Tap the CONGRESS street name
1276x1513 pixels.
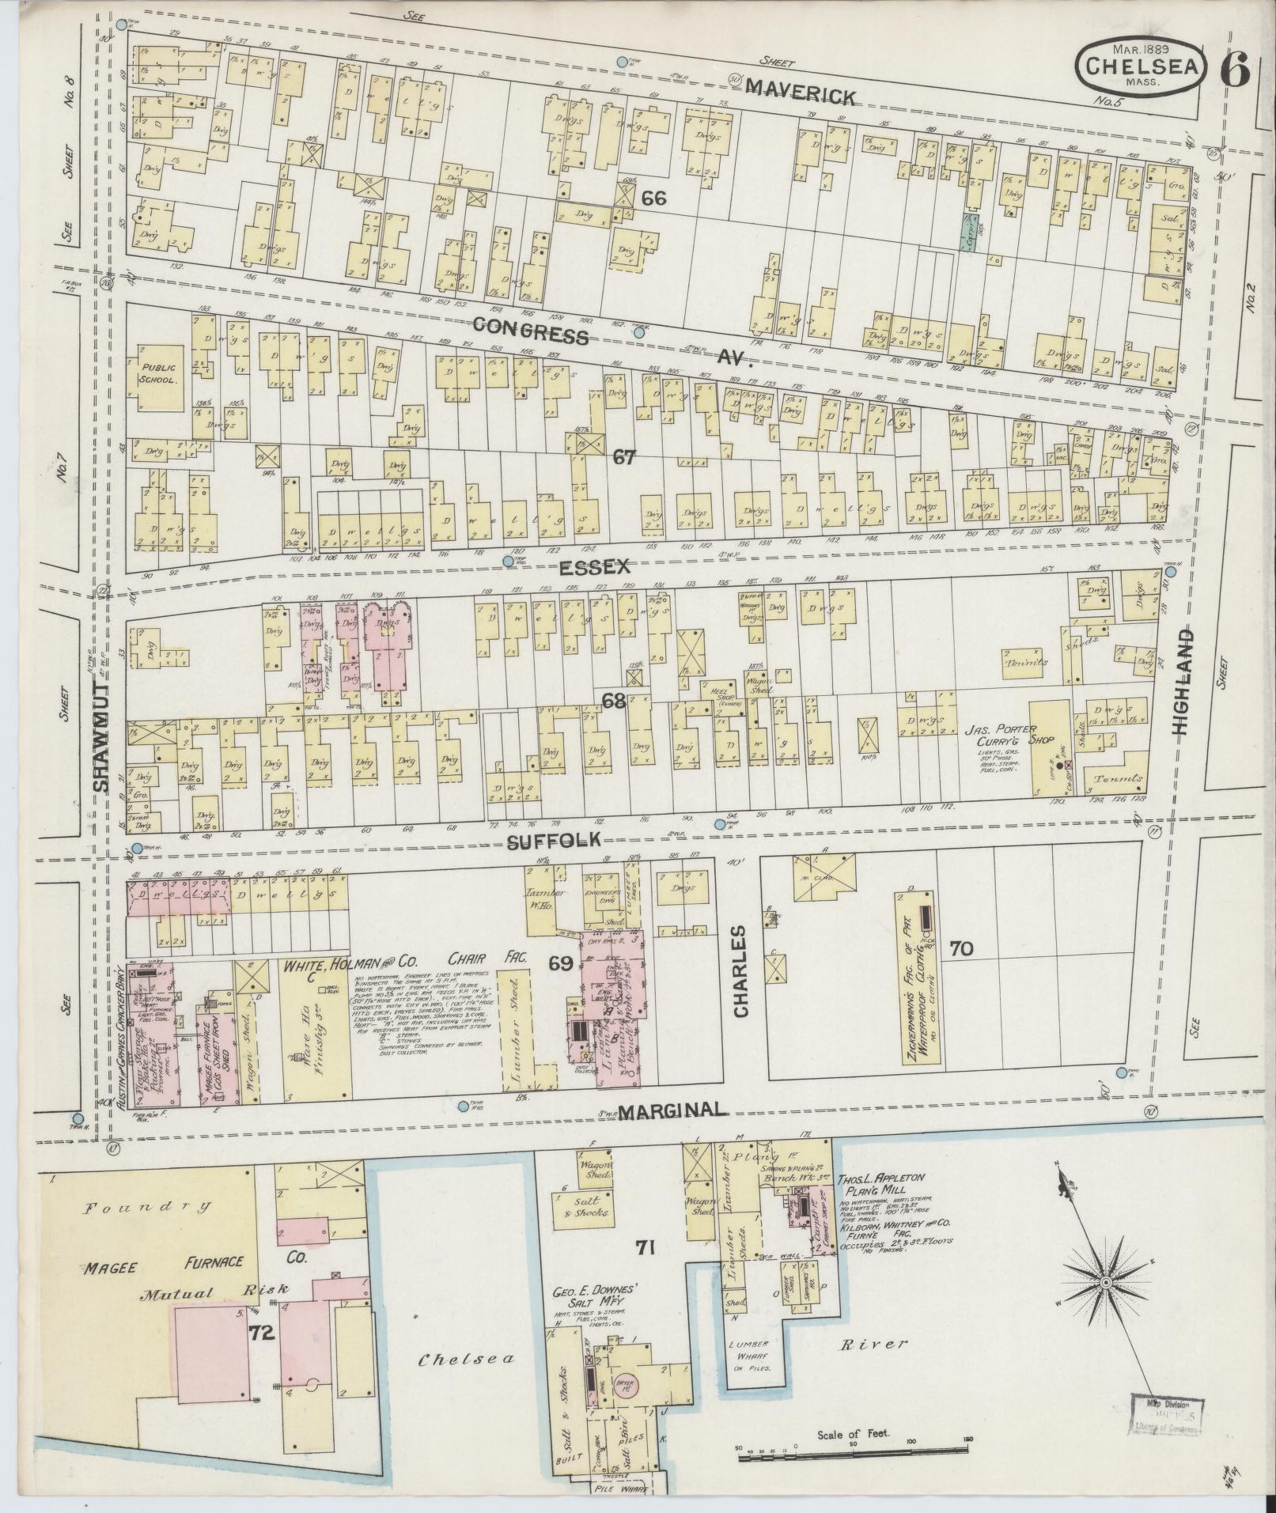[x=531, y=331]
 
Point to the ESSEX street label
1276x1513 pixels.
[x=594, y=566]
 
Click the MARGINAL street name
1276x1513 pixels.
[x=672, y=1111]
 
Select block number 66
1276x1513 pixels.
[x=654, y=199]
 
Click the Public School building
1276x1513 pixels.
[x=159, y=375]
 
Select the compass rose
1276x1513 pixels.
[x=1106, y=1280]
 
